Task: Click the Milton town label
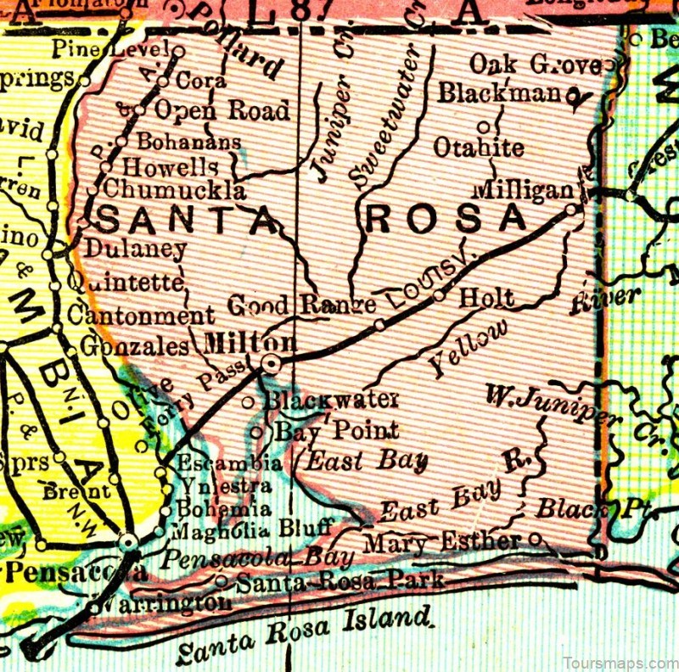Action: (x=250, y=343)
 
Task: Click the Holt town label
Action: (x=486, y=298)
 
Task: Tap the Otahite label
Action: (x=479, y=147)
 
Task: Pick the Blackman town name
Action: (x=500, y=92)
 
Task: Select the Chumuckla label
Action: (x=176, y=188)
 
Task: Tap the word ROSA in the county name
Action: (x=448, y=218)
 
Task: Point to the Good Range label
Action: (x=302, y=305)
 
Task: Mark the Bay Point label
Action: (x=336, y=430)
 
